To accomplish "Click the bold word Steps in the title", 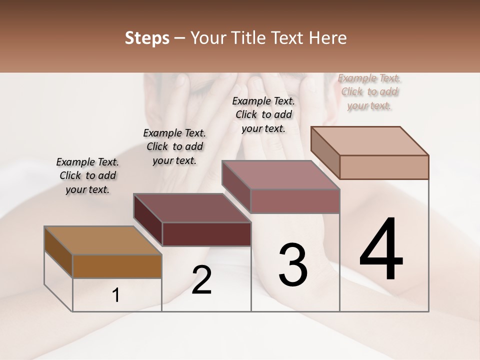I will (x=147, y=38).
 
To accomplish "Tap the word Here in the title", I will (x=328, y=38).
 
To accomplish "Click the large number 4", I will (x=381, y=250).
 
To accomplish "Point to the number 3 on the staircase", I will (x=293, y=265).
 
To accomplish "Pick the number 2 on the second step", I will (x=201, y=280).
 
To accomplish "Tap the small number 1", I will (x=116, y=296).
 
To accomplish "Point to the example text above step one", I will (x=87, y=176).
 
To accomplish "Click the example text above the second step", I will (x=174, y=147).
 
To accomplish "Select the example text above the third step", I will (x=263, y=114).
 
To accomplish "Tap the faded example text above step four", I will (x=369, y=92).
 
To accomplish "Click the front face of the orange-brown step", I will (x=117, y=266).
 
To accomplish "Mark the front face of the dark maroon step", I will (x=206, y=234).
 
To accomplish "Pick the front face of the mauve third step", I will (x=295, y=201).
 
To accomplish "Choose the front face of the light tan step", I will (x=384, y=167).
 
